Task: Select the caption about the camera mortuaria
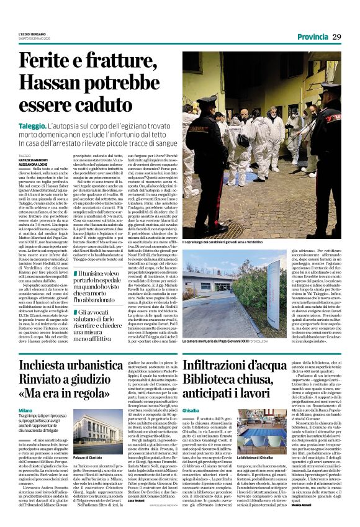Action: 228,324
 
